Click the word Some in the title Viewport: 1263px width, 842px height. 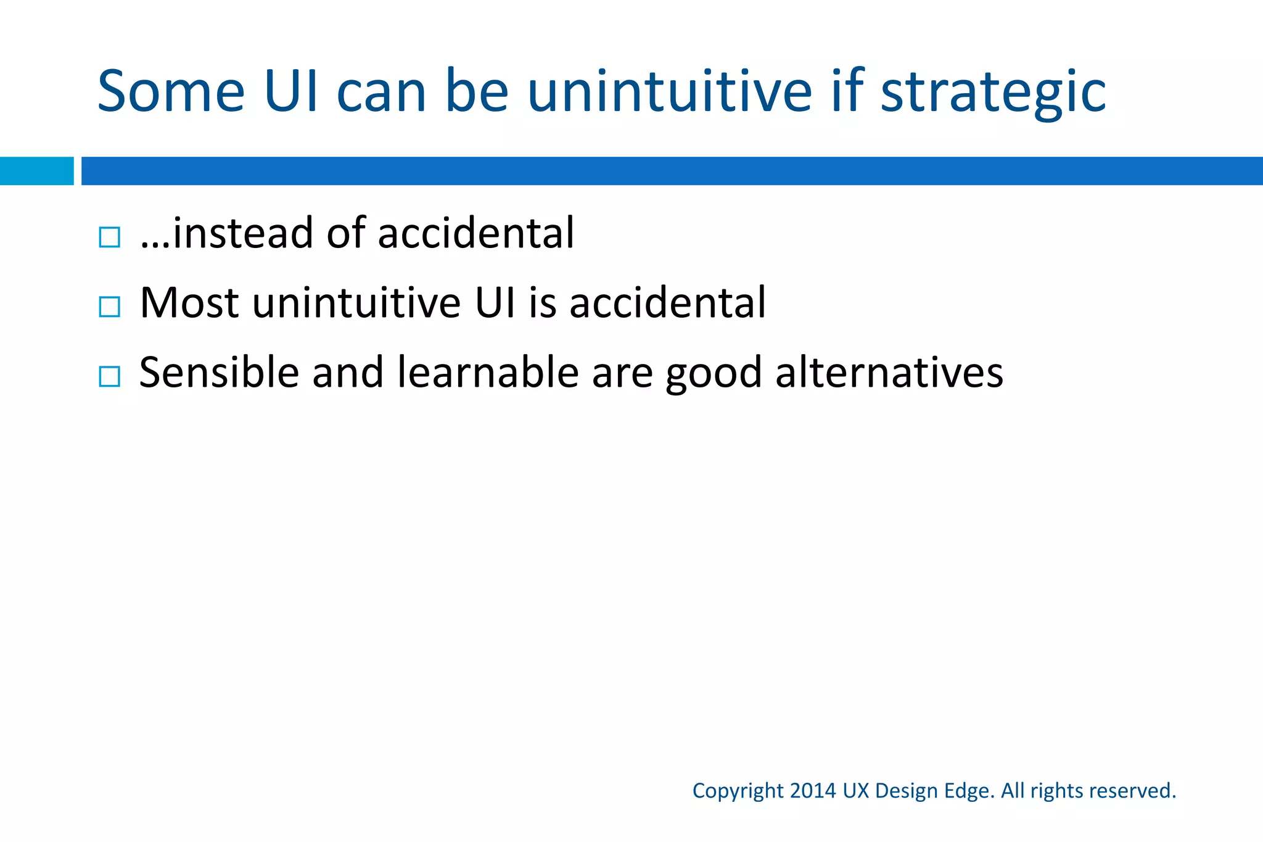coord(171,91)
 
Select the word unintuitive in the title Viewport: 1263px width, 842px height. coord(670,91)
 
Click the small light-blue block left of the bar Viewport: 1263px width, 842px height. coord(36,171)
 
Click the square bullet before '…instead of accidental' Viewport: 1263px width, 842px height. coord(109,237)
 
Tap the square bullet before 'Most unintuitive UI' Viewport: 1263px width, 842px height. coord(109,307)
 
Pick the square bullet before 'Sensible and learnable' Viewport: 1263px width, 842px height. coord(109,376)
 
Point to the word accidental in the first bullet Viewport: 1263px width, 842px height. coord(475,233)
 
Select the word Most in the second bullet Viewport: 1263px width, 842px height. coord(189,303)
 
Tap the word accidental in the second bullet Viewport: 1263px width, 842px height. coord(667,303)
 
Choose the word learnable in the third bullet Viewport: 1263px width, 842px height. coord(488,373)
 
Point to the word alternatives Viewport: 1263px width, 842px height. coord(889,373)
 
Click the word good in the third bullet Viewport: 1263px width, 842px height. coord(714,374)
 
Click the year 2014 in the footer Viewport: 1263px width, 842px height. coord(813,791)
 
